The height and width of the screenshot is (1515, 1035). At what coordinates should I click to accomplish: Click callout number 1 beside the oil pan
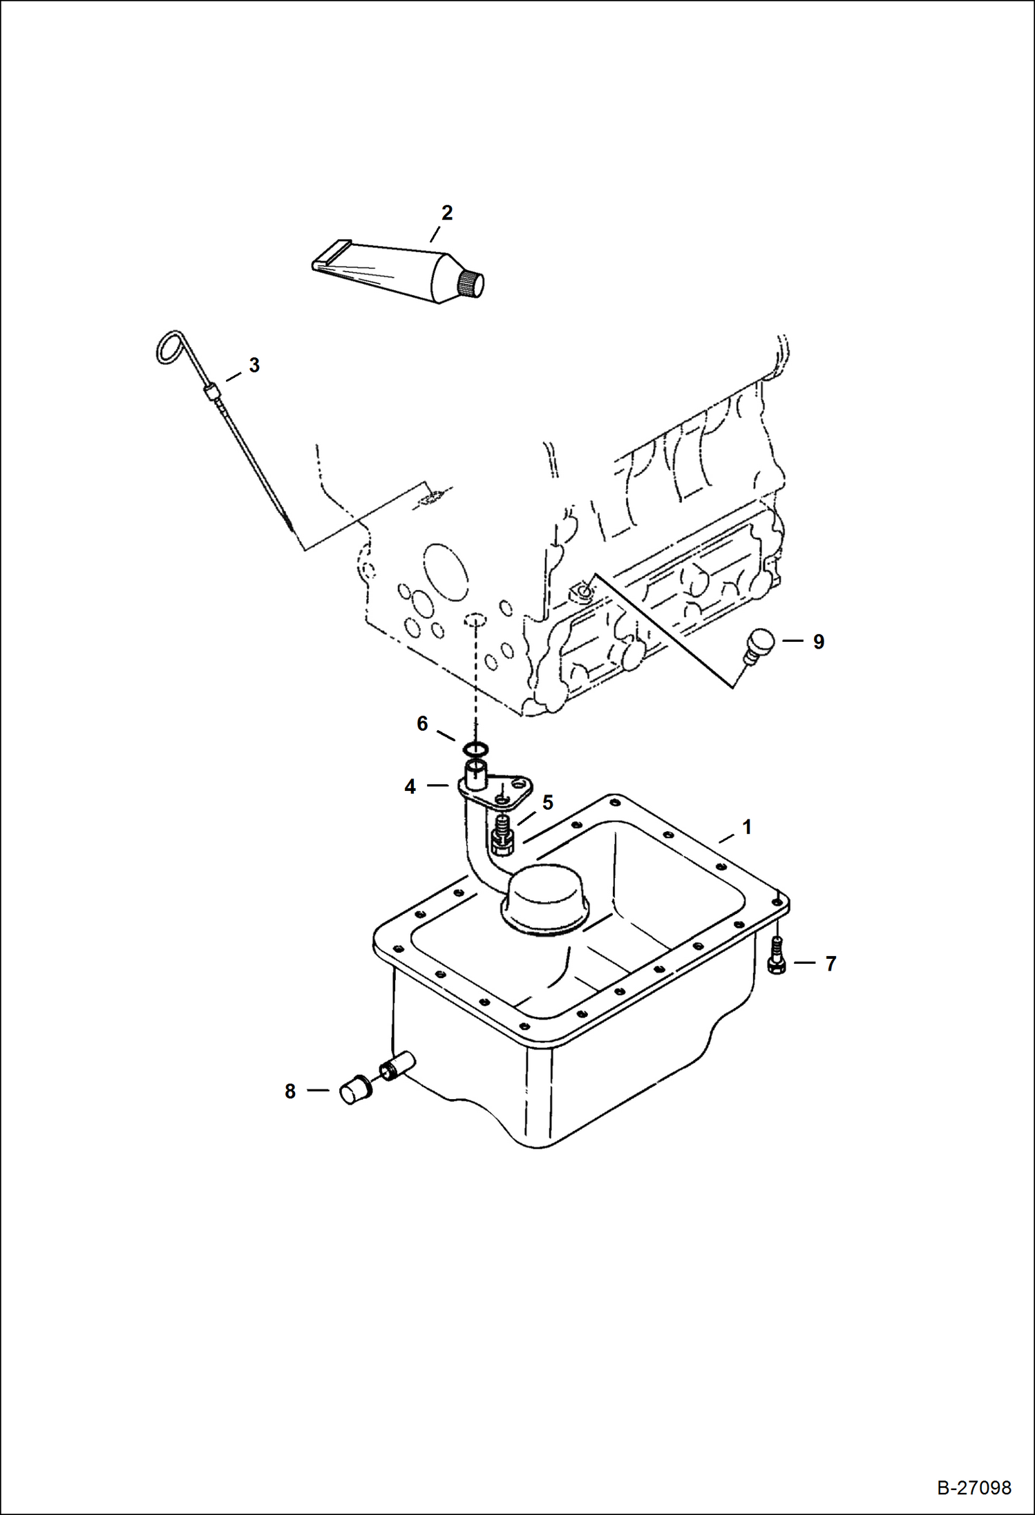pos(746,827)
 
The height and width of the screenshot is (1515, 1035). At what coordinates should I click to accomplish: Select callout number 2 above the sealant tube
pos(447,213)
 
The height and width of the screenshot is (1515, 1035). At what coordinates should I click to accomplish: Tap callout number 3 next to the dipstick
pos(254,365)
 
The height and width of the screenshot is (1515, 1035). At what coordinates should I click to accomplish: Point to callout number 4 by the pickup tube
pos(410,786)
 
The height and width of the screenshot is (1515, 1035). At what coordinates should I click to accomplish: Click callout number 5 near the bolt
pos(548,802)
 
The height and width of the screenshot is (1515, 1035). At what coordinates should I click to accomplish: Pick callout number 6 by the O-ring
pos(422,723)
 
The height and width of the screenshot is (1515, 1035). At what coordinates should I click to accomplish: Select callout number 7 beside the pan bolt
pos(830,963)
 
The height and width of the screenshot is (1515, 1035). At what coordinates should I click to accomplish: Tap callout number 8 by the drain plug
pos(290,1091)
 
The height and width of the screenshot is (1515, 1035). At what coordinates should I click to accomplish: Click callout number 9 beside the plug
pos(818,642)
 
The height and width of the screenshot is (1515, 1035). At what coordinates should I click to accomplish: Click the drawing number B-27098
pos(974,1487)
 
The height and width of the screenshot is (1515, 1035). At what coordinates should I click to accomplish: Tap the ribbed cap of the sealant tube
pos(471,284)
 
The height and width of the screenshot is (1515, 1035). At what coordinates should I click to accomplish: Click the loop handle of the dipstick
pos(169,347)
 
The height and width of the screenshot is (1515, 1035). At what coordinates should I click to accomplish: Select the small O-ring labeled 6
pos(475,748)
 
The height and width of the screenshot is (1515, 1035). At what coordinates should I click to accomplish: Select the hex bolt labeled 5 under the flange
pos(502,837)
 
